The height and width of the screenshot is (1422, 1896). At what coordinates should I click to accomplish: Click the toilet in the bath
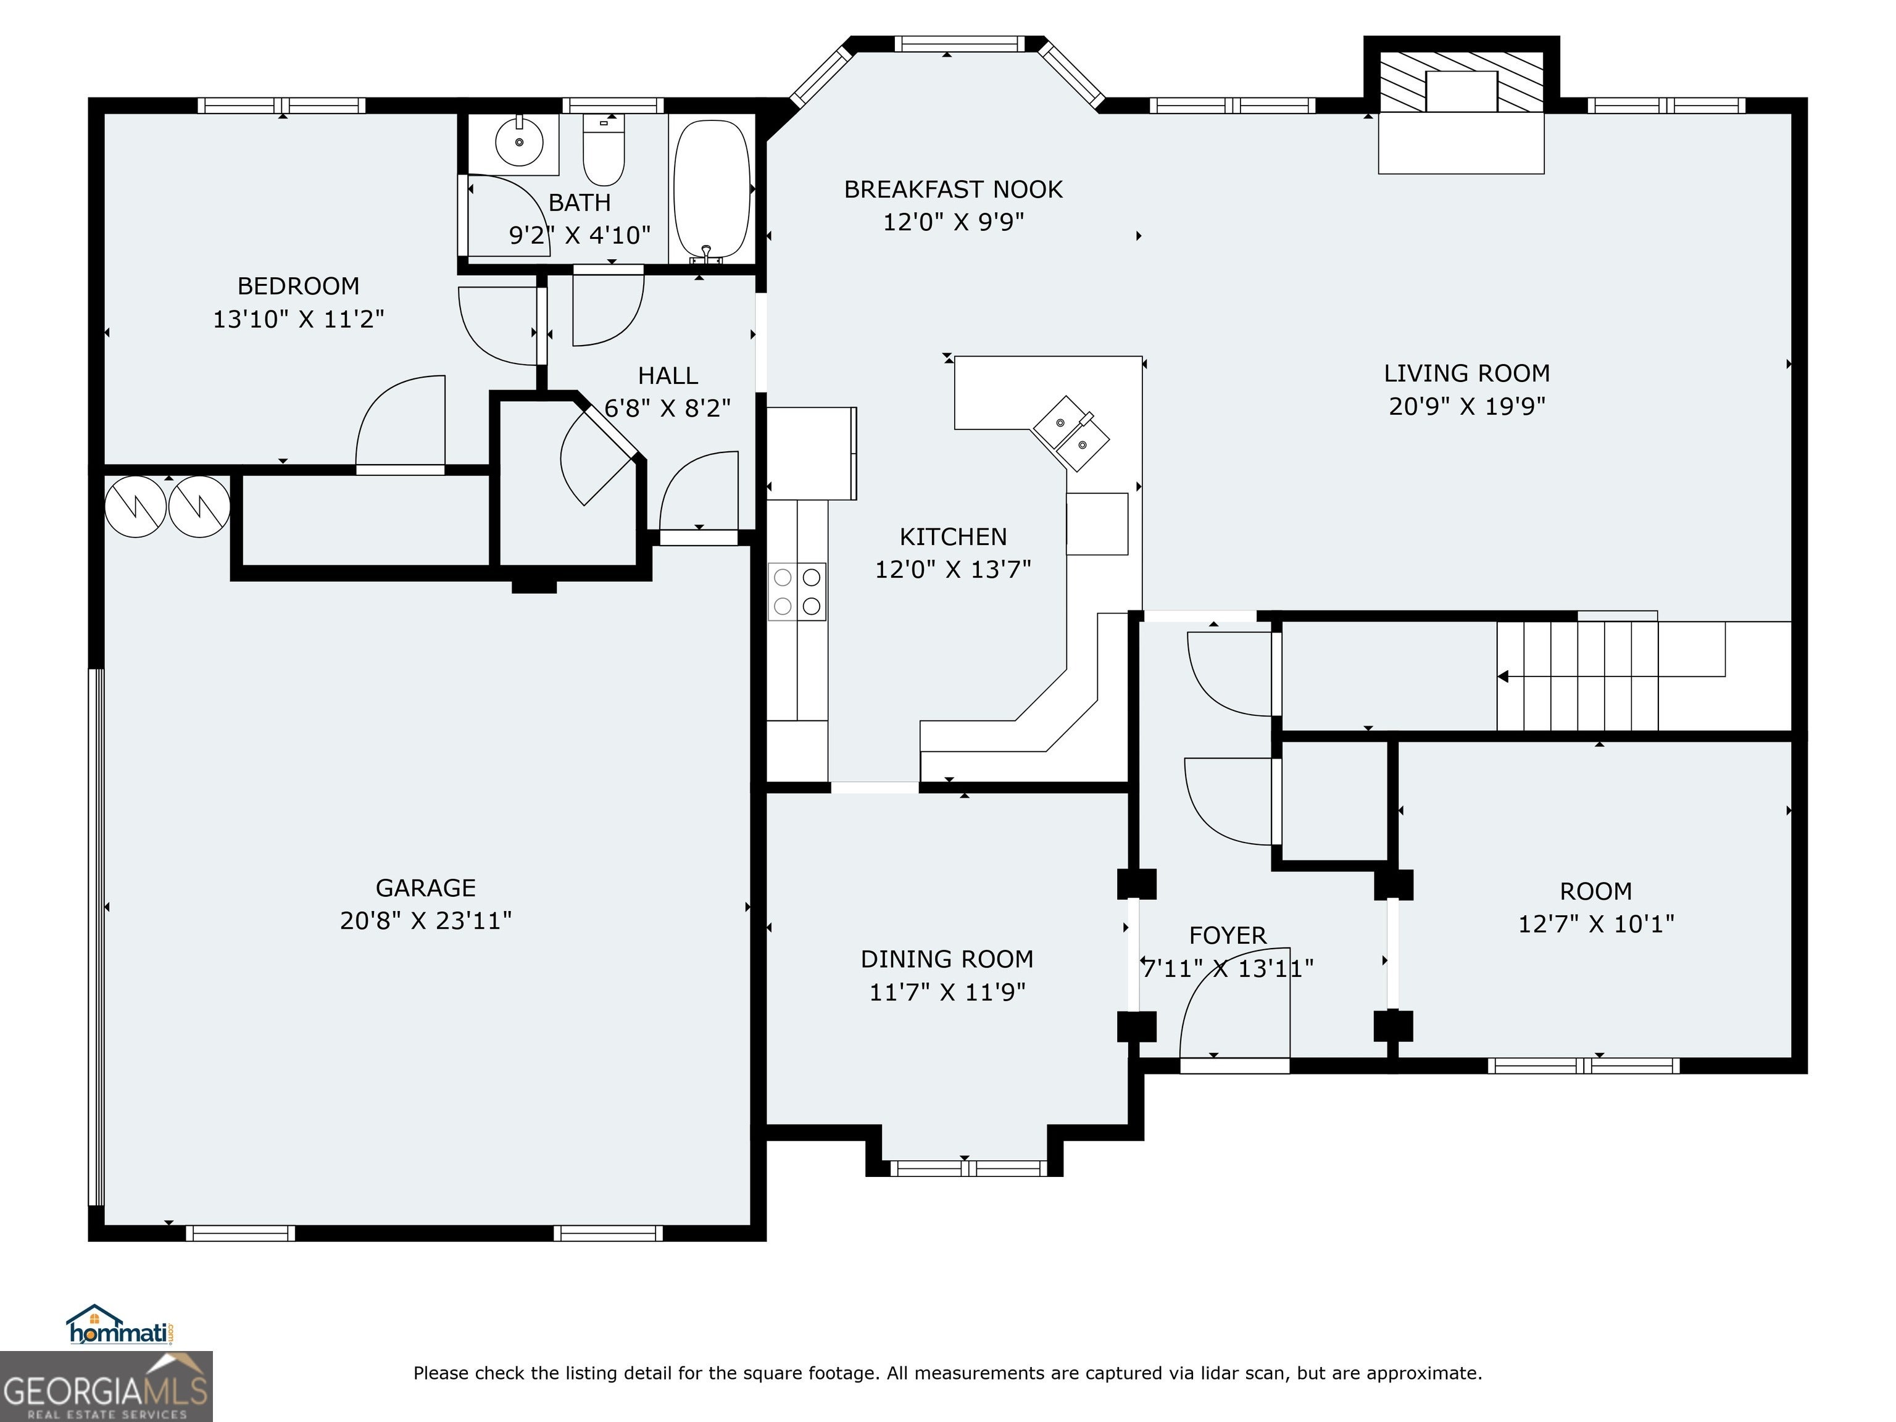[x=604, y=149]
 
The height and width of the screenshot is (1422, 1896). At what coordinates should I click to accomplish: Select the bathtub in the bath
[x=712, y=190]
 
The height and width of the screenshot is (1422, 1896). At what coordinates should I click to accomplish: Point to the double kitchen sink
[x=1071, y=433]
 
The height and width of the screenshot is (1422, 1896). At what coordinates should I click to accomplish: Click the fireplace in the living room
[x=1461, y=107]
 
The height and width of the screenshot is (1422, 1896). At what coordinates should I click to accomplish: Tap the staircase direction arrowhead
[x=1503, y=676]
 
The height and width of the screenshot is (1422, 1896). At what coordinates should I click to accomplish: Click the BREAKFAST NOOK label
[x=953, y=189]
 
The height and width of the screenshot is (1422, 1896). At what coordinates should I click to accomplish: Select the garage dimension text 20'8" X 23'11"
[x=426, y=920]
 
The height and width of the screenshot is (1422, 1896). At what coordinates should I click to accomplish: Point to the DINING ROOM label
[x=947, y=958]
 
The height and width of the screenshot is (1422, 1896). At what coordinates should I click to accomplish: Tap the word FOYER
[x=1228, y=935]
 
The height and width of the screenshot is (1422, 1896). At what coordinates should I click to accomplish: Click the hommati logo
[x=121, y=1325]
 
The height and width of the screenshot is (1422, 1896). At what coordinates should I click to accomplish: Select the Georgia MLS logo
[x=106, y=1386]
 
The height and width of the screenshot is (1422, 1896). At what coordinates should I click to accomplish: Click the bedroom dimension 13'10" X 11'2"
[x=298, y=319]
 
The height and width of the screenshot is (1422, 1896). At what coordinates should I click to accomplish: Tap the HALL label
[x=668, y=375]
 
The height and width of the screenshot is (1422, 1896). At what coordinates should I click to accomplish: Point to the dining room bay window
[x=968, y=1168]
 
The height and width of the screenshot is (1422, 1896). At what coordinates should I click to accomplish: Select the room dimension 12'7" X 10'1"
[x=1596, y=923]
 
